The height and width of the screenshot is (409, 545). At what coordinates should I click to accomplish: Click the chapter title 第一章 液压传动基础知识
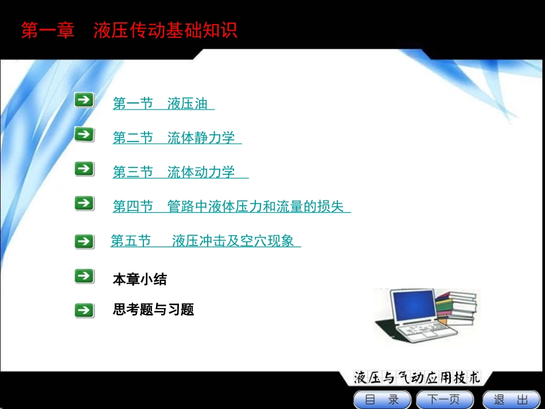pos(129,30)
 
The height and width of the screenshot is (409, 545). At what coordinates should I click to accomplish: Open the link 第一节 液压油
pos(163,104)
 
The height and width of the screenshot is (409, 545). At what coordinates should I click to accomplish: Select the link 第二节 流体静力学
pos(176,138)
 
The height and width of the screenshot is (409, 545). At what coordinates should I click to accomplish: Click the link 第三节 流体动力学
pos(180,172)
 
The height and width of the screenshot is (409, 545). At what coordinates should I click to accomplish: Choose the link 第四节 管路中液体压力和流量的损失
pos(231,207)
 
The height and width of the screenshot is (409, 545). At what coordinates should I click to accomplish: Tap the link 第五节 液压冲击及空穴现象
pos(205,241)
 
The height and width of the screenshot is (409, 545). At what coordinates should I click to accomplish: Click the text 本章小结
pos(140,280)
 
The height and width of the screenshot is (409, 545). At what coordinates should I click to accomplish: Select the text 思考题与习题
pos(154,310)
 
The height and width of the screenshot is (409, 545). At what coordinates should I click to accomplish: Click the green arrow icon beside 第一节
pos(84,100)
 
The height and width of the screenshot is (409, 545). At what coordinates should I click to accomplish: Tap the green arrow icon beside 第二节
pos(84,135)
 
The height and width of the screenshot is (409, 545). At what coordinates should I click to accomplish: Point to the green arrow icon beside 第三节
pos(84,169)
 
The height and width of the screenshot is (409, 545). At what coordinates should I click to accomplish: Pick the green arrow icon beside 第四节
pos(84,203)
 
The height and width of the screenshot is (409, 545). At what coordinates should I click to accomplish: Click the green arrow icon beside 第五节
pos(84,241)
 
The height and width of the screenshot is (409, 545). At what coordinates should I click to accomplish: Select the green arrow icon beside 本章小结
pos(84,276)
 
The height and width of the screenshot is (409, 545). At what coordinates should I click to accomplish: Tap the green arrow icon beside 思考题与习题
pos(84,310)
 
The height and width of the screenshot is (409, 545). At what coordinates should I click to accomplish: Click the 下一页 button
pos(445,399)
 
